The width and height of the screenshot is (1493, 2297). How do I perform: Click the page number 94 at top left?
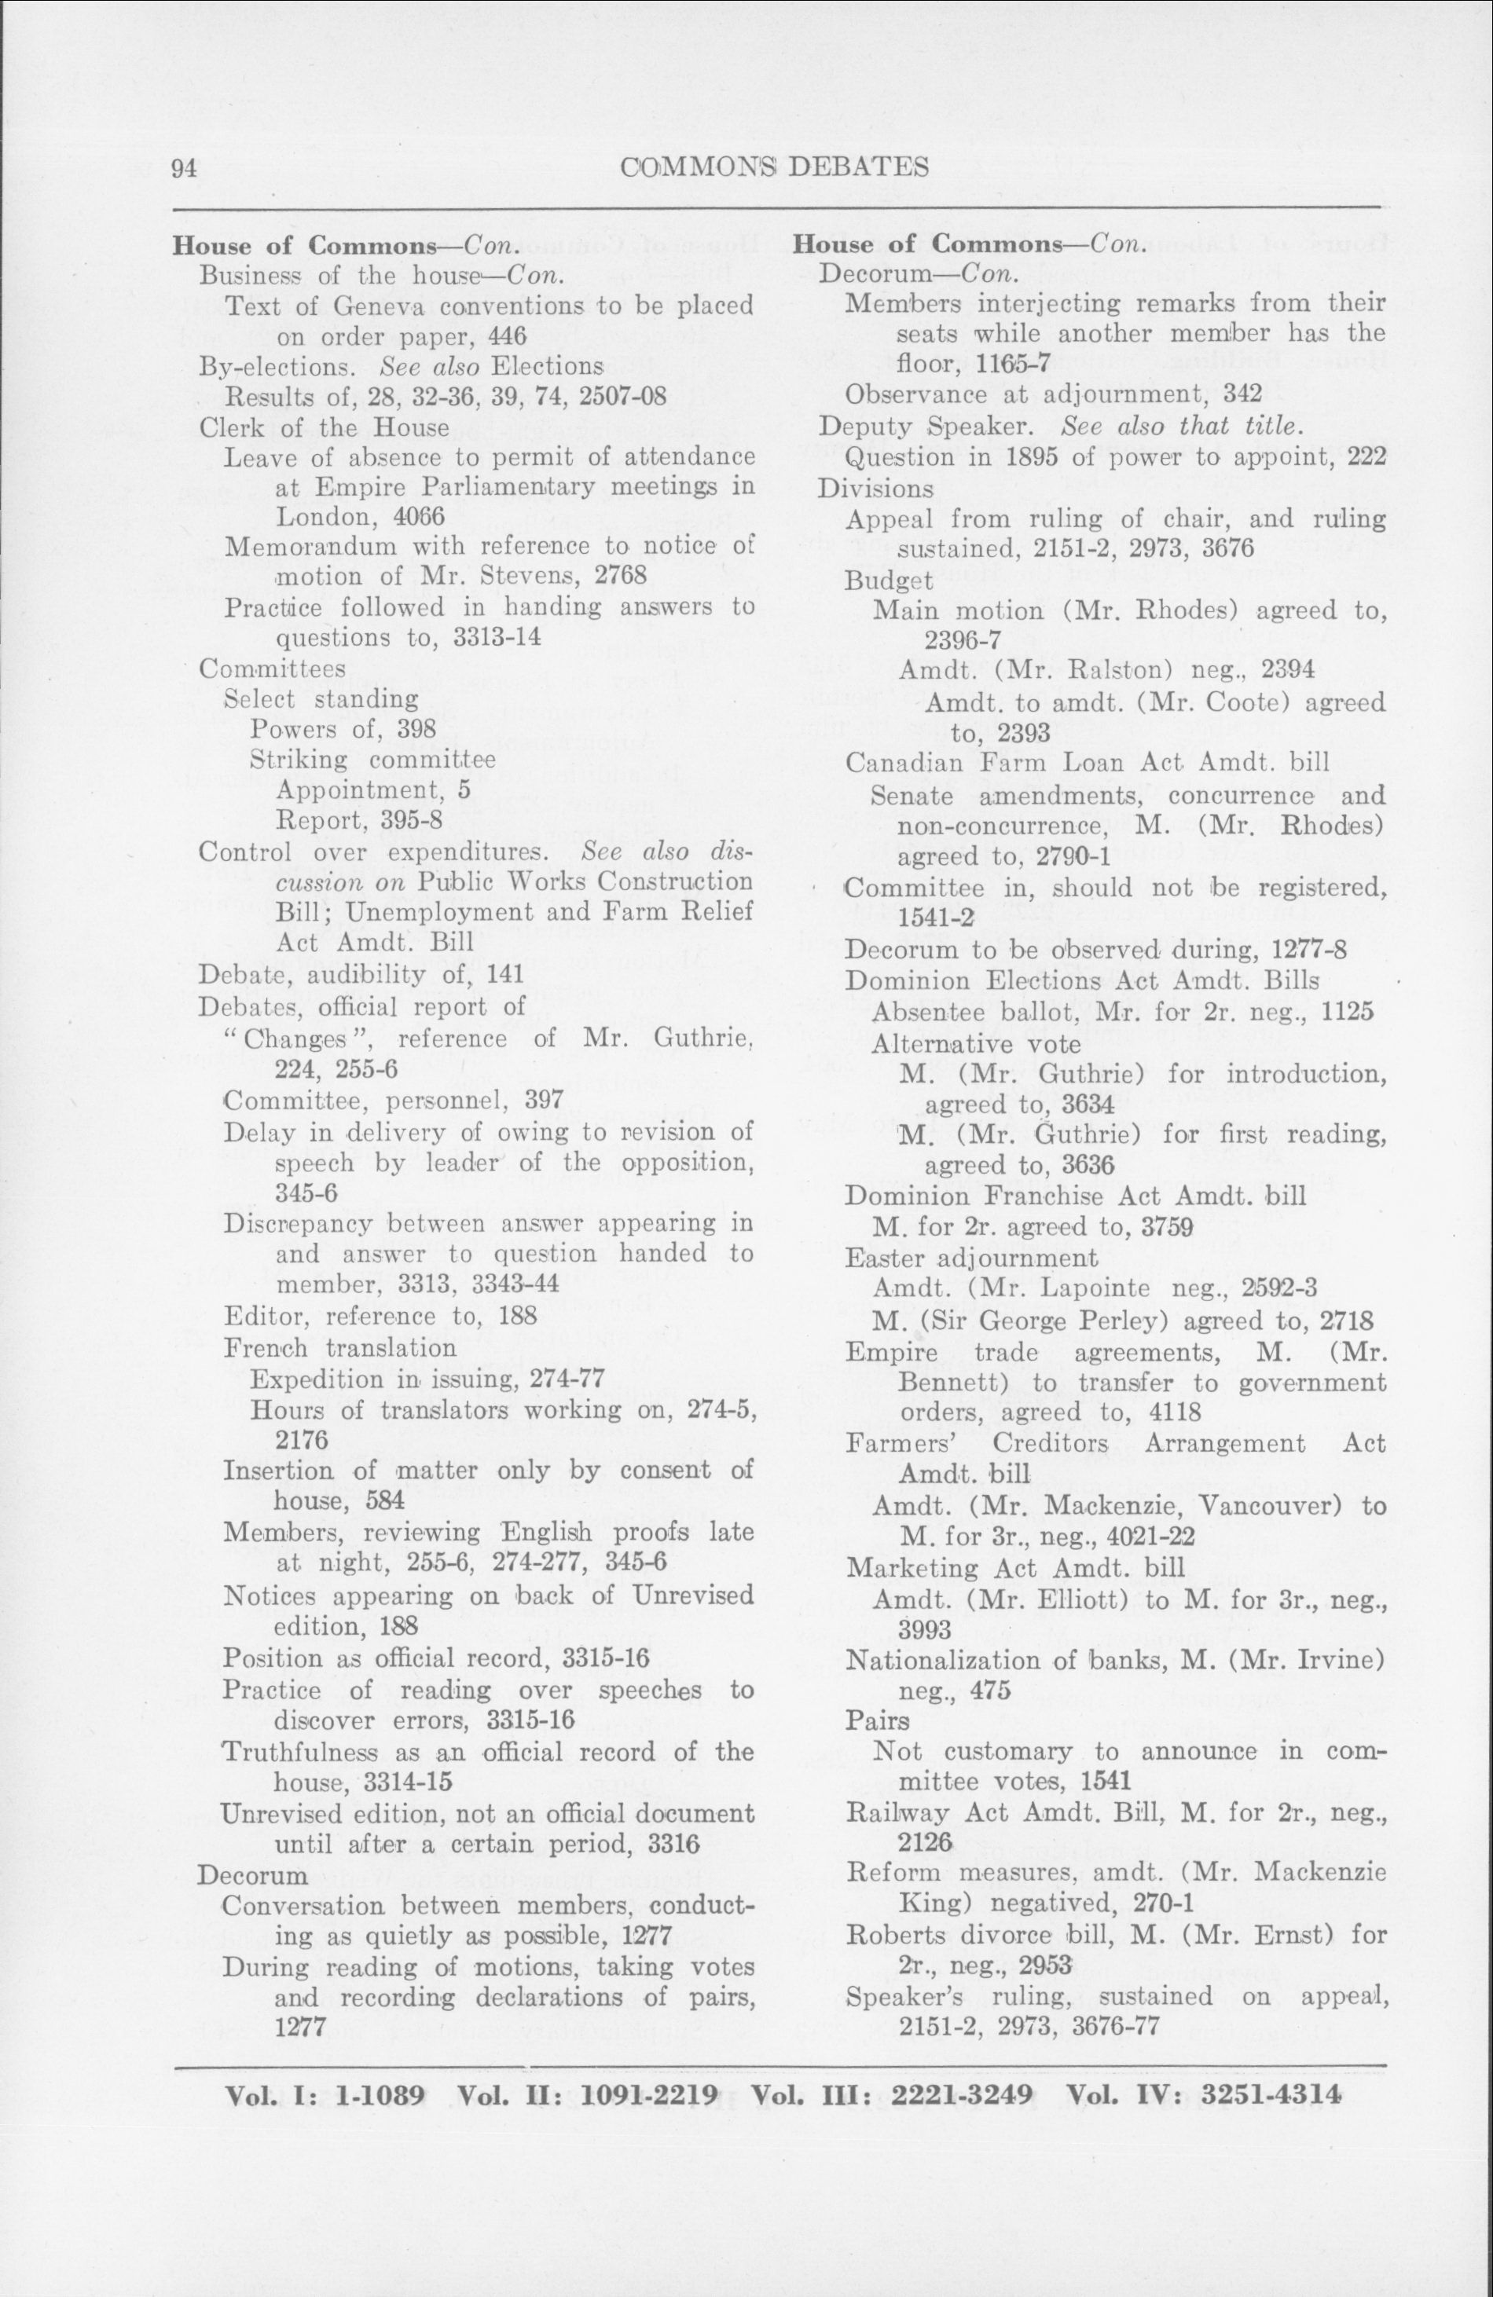(185, 168)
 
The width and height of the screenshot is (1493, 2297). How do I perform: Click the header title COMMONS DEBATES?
(775, 167)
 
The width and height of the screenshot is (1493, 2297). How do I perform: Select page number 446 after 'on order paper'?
(507, 337)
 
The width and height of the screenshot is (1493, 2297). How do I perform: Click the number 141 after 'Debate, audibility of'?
(504, 975)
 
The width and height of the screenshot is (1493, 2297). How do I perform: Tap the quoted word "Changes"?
(296, 1039)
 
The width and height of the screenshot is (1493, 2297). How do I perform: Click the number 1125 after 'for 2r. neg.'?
(1353, 1013)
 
